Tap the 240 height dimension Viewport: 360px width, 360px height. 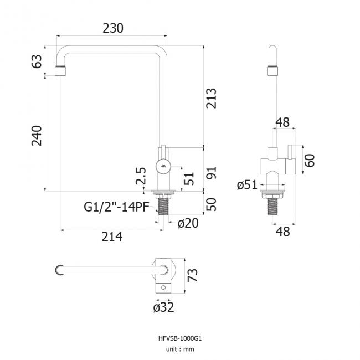click(37, 136)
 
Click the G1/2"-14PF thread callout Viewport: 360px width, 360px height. click(115, 207)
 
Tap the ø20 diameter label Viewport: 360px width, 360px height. click(188, 223)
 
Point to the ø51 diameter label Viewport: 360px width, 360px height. click(247, 185)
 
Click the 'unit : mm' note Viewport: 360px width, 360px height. click(179, 349)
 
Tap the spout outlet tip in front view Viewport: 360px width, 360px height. click(60, 71)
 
